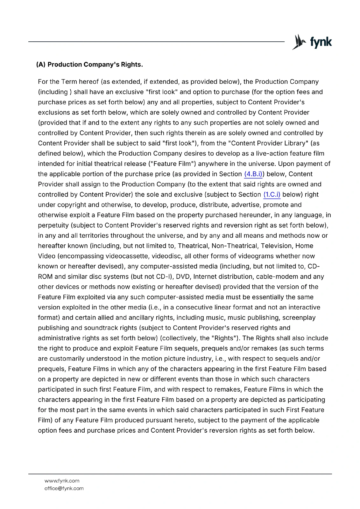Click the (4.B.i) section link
click(253, 174)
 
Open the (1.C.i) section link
click(272, 194)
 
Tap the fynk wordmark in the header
click(321, 42)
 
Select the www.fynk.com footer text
click(62, 481)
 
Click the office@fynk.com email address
click(64, 488)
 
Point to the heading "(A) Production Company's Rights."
click(89, 65)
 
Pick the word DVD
click(182, 276)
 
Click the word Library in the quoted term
click(294, 143)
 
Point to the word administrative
click(59, 338)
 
